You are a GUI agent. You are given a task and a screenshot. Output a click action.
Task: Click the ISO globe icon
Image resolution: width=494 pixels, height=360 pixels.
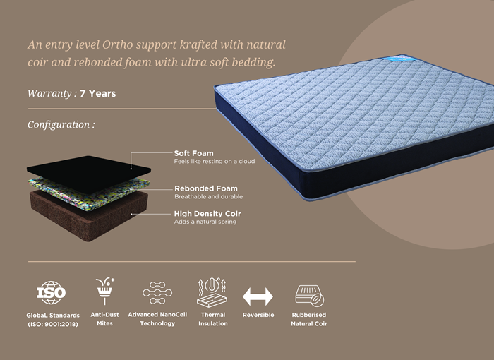[x=51, y=292]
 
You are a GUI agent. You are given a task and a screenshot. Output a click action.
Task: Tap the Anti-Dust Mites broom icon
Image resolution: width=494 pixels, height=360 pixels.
[x=105, y=291]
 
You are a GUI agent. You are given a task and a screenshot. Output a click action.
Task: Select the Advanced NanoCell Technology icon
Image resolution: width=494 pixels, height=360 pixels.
[x=157, y=293]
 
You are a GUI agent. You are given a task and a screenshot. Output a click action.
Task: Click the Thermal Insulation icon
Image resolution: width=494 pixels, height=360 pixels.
[x=212, y=292]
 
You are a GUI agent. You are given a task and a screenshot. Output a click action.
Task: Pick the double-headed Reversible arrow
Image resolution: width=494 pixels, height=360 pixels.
[x=258, y=296]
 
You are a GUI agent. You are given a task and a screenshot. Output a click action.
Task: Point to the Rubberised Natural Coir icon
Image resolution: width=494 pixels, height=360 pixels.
[x=309, y=296]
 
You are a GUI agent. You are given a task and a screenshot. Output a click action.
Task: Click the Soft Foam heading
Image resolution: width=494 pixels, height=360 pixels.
[x=194, y=153]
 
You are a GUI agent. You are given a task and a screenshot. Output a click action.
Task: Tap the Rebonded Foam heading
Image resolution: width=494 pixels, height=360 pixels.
[x=206, y=188]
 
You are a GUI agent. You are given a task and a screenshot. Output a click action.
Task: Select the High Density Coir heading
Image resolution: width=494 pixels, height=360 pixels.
[x=207, y=214]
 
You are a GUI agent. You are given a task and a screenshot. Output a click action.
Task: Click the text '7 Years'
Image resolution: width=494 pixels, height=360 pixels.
[x=98, y=94]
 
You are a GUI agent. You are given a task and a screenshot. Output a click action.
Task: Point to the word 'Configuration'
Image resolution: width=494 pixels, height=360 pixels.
[x=59, y=125]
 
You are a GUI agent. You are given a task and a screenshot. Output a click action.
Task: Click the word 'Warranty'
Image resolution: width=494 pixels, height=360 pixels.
[x=50, y=94]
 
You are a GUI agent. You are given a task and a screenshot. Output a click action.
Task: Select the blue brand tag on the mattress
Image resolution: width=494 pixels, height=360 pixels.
[x=397, y=59]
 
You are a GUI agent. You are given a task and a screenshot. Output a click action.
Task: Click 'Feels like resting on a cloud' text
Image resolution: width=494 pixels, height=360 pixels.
[x=215, y=162]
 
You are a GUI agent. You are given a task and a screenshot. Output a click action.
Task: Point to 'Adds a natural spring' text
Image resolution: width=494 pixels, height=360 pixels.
[x=205, y=222]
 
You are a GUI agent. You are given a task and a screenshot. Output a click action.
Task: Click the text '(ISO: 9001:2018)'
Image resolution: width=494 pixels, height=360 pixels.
[x=53, y=324]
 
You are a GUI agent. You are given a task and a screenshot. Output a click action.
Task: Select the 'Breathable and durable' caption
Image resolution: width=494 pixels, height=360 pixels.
[x=209, y=197]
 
